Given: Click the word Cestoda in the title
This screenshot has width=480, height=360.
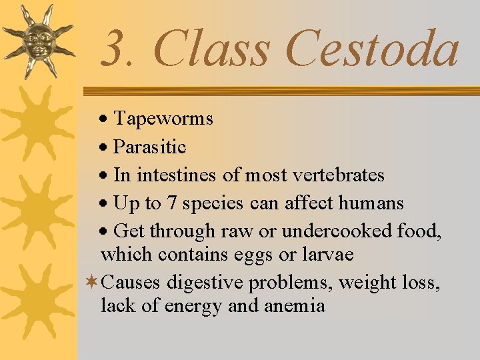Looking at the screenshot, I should click(373, 50).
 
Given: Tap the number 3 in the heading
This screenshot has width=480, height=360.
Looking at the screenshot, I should click(117, 50).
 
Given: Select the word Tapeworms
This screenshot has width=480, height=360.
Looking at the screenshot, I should click(163, 119).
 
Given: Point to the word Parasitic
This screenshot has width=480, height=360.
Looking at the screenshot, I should click(150, 147).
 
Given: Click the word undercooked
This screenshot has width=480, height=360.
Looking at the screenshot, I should click(337, 231).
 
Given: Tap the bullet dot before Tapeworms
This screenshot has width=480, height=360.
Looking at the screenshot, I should click(105, 120).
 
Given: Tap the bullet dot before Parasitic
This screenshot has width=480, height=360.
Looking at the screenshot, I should click(105, 148).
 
